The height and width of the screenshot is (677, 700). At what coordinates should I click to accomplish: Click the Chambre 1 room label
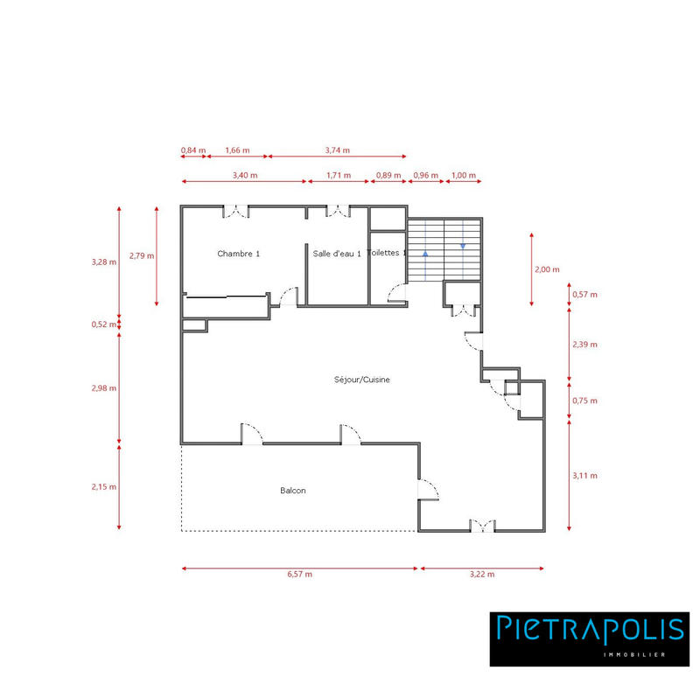pos(239,254)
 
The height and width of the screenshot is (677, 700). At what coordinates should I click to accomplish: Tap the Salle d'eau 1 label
pos(337,254)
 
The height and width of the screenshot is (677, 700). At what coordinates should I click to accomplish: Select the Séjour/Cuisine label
pos(361,380)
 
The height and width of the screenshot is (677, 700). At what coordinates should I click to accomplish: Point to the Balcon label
pos(293,491)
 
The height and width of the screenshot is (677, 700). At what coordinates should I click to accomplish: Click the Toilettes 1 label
pos(388,253)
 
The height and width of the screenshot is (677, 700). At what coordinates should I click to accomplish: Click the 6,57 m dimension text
pos(300,575)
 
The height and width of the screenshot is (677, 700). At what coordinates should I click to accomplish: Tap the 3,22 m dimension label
pos(482,575)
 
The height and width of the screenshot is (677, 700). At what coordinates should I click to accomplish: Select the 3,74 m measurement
pos(337,150)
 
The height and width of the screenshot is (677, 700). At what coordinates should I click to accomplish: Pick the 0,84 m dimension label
pos(193,150)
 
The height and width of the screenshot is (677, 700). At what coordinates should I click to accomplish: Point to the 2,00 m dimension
pos(547,269)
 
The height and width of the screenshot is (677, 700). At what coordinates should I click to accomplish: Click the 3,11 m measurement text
pos(584,476)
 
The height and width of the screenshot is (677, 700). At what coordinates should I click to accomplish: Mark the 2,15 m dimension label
pos(104,486)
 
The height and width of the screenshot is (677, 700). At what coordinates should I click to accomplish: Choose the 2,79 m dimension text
pos(141,256)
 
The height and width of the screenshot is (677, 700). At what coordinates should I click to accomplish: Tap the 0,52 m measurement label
pos(104,325)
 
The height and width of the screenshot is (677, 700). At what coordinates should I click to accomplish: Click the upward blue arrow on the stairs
pos(425,255)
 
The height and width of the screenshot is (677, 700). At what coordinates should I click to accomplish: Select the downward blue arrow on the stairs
pos(463,246)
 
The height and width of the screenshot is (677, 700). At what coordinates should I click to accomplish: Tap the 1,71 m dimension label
pos(338,175)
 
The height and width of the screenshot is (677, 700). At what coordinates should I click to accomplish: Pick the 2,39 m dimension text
pos(584,345)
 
